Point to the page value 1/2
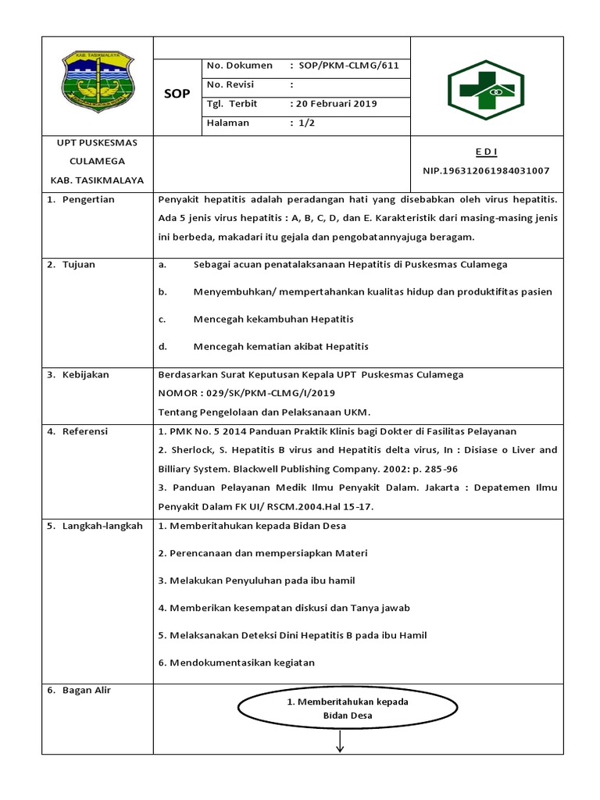(302, 123)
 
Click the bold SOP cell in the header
(177, 94)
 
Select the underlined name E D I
(485, 151)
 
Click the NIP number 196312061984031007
(485, 170)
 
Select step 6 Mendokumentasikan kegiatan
(236, 662)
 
